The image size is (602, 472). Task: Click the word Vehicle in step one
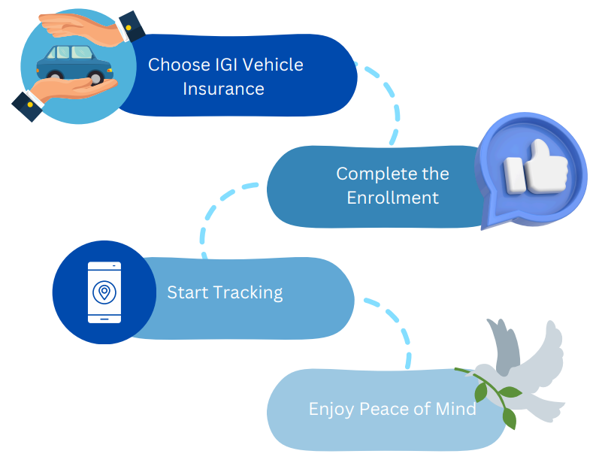point(268,65)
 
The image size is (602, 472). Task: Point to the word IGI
point(214,65)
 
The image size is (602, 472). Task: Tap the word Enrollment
point(393,198)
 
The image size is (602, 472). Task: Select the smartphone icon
point(104,292)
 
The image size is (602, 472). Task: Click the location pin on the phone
point(104,291)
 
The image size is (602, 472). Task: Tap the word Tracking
point(248,292)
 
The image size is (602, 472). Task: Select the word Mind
point(458,410)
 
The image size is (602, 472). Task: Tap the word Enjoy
point(330,410)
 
